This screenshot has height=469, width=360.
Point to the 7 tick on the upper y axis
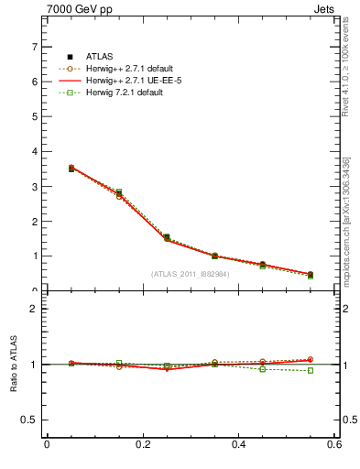coord(36,47)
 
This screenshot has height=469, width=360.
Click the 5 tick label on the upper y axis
coord(36,116)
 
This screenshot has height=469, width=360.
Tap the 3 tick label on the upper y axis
coord(36,187)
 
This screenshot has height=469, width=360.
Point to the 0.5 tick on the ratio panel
coord(31,420)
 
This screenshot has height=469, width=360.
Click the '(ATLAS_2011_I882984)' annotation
coord(191,273)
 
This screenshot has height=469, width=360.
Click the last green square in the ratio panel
coord(311,370)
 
